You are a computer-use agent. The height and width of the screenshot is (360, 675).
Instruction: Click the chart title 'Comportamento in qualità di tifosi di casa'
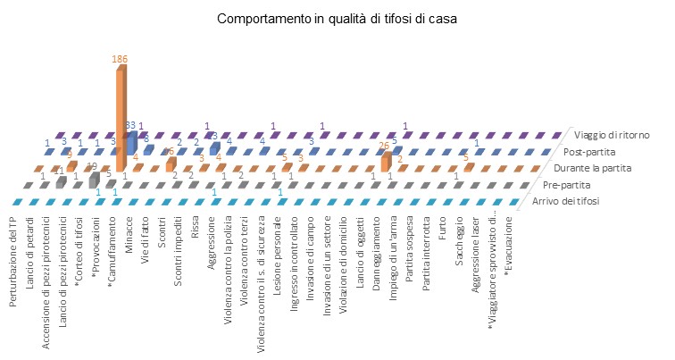click(x=337, y=20)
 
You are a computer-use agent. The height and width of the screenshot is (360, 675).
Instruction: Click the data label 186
click(x=120, y=59)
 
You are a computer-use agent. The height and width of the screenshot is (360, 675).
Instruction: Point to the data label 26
click(x=384, y=146)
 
